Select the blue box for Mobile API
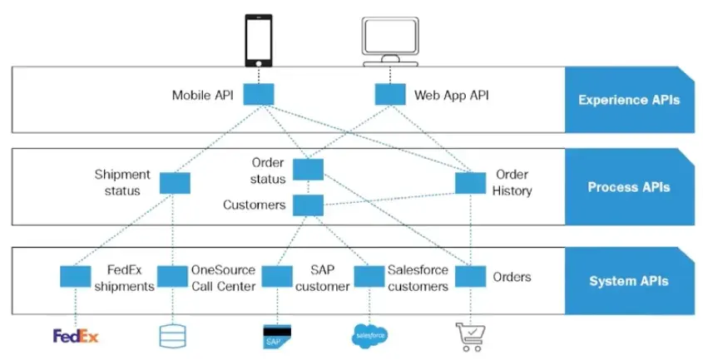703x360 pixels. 259,95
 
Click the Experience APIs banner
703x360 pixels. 628,100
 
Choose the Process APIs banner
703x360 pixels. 628,187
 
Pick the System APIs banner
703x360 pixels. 628,280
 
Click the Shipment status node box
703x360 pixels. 175,182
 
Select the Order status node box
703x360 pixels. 307,170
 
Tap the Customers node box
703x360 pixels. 307,205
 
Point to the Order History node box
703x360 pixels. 470,182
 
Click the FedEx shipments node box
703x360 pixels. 76,276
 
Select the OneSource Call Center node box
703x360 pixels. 173,276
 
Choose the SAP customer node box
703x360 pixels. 275,276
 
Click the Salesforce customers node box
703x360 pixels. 369,276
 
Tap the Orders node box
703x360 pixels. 470,276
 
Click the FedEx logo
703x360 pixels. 76,336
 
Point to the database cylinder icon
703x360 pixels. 173,335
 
